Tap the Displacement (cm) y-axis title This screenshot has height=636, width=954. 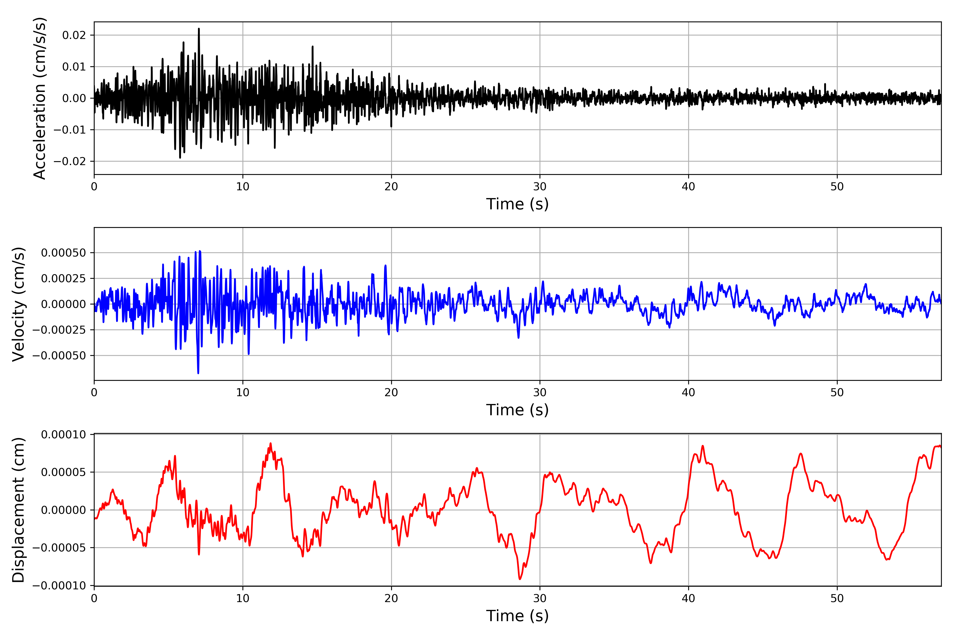pyautogui.click(x=18, y=510)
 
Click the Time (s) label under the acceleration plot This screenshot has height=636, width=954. pyautogui.click(x=517, y=204)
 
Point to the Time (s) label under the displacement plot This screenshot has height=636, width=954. pyautogui.click(x=517, y=616)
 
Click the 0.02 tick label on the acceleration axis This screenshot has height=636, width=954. pyautogui.click(x=74, y=35)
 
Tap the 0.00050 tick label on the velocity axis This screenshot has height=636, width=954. pyautogui.click(x=63, y=253)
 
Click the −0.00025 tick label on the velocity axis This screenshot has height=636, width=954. pyautogui.click(x=59, y=330)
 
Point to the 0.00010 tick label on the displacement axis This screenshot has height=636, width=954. pyautogui.click(x=63, y=435)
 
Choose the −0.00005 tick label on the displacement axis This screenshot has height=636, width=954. pyautogui.click(x=59, y=548)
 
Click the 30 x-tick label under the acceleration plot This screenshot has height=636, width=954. pyautogui.click(x=540, y=187)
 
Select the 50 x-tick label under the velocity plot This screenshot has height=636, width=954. pyautogui.click(x=837, y=393)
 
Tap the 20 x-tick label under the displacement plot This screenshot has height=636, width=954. pyautogui.click(x=391, y=598)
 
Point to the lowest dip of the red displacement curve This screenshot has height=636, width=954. pyautogui.click(x=520, y=579)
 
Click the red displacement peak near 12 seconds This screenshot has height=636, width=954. pyautogui.click(x=271, y=444)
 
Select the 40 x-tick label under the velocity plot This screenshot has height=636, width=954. pyautogui.click(x=688, y=393)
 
